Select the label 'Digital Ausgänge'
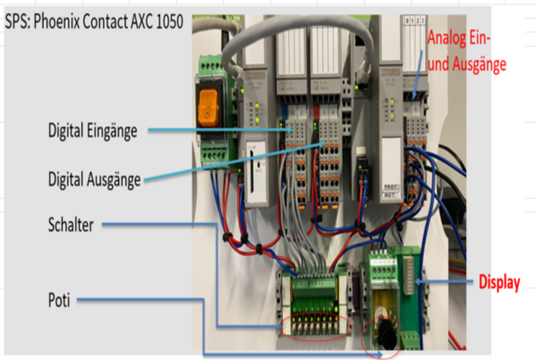click(x=94, y=180)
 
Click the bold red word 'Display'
click(x=499, y=282)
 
